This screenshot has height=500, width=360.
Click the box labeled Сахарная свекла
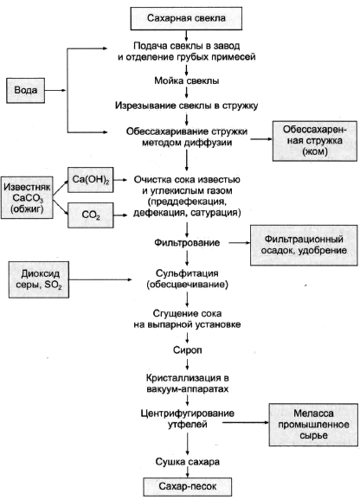(186, 18)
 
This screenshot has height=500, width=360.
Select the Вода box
(25, 90)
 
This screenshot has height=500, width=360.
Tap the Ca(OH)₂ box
(91, 180)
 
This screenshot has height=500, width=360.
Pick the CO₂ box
(91, 215)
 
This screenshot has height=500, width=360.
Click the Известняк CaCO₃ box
(27, 198)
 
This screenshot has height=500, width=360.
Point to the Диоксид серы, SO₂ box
(39, 279)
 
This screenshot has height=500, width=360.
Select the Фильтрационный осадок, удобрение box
(304, 245)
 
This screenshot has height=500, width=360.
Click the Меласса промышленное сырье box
(313, 425)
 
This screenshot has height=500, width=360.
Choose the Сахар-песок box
(187, 487)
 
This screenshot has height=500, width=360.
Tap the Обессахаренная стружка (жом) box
(315, 141)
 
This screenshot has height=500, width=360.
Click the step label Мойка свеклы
(187, 80)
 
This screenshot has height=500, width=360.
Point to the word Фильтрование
(187, 243)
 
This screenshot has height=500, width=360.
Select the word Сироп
(188, 350)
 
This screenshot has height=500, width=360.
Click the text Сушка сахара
(188, 462)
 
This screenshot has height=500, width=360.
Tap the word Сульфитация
(187, 273)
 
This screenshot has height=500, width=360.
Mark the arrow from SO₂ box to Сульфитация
(100, 279)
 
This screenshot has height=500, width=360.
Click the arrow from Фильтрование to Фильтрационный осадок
(240, 243)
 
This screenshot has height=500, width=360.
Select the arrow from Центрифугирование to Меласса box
(246, 422)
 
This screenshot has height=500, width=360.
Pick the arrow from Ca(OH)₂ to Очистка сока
(120, 180)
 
